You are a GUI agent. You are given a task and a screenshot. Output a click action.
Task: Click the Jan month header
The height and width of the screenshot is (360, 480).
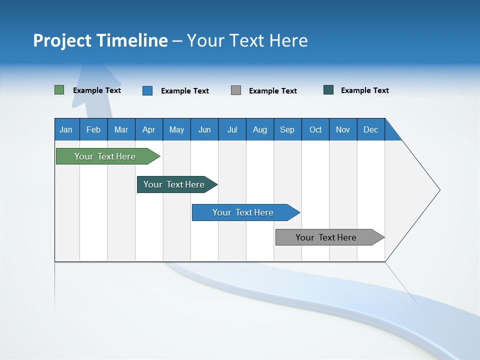66,129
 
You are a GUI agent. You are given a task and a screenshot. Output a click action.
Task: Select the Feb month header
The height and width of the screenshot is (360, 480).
93,129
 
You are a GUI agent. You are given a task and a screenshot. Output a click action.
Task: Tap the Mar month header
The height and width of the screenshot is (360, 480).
121,129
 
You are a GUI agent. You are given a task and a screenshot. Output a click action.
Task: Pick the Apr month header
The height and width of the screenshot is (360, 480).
149,129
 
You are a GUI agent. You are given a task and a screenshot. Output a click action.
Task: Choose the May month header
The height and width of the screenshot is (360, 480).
176,129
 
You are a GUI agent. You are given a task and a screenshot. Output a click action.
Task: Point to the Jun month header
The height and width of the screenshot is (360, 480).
204,129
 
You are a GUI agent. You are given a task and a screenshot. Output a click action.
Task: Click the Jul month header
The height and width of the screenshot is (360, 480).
232,129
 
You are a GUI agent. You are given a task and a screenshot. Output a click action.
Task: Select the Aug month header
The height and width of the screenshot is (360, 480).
260,129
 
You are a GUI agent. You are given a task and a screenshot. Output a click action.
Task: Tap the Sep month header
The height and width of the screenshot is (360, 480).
287,129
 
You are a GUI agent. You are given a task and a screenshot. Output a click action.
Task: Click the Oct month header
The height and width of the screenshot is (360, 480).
315,129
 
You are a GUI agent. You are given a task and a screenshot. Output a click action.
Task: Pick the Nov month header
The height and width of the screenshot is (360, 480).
343,129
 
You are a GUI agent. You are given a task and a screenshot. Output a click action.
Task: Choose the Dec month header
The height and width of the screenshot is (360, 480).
371,129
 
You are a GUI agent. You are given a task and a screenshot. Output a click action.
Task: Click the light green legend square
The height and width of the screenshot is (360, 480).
59,90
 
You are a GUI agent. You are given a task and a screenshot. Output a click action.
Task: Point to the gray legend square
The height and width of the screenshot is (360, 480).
236,90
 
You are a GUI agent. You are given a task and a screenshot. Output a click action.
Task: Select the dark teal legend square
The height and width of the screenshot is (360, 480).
328,90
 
